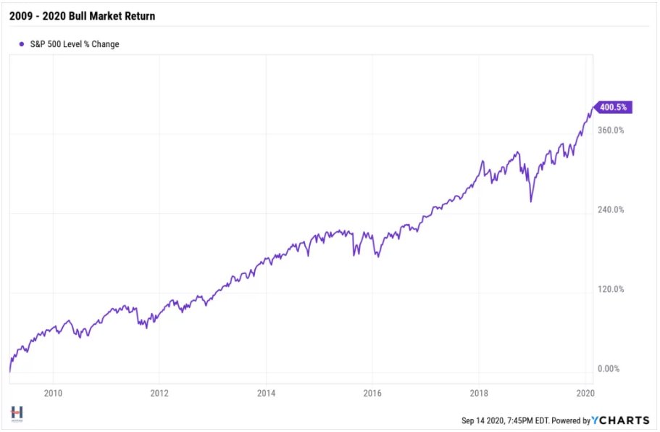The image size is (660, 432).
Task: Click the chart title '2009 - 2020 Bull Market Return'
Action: point(82,15)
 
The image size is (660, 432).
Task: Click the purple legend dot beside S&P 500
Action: point(22,44)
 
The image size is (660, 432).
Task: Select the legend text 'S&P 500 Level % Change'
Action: point(75,44)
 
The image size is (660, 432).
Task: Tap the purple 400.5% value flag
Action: point(613,107)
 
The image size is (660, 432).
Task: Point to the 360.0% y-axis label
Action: point(610,130)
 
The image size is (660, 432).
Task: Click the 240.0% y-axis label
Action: point(610,210)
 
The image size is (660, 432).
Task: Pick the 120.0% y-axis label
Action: point(610,290)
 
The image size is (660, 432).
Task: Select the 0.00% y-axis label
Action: point(609,369)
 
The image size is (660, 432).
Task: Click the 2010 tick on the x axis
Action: point(52,393)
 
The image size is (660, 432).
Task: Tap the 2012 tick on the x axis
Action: point(159,393)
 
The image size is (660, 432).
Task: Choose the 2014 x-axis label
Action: point(265,393)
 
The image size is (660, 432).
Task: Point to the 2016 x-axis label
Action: point(372,393)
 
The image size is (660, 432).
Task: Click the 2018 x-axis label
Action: point(478,393)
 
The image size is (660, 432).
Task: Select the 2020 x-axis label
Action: point(585,393)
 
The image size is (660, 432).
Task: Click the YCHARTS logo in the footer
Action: point(619,420)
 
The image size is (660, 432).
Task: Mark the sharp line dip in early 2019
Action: point(531,201)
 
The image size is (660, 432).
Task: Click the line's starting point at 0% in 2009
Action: point(10,370)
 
